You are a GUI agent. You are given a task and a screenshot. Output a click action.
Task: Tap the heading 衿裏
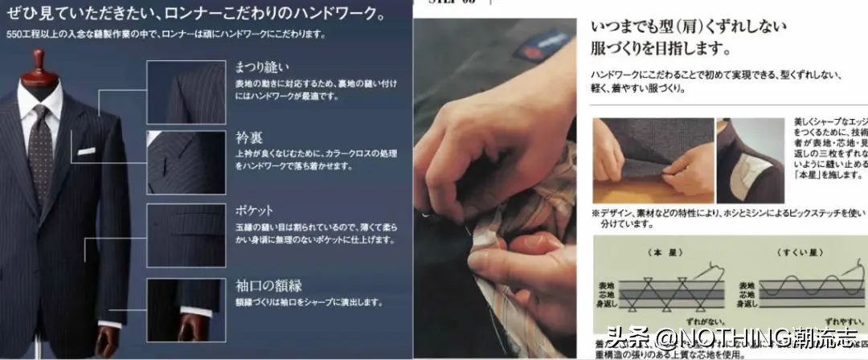[x=248, y=137]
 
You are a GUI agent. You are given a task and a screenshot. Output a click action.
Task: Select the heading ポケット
[x=255, y=210]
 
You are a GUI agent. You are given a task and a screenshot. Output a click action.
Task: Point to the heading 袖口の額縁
[x=268, y=284]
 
